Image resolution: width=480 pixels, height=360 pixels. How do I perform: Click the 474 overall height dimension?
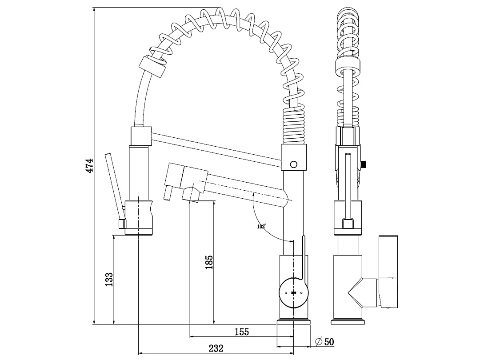coord(89,165)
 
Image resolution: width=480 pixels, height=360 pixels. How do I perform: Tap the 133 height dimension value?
coord(109,280)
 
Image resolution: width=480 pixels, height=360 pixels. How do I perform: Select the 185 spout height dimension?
coord(209,262)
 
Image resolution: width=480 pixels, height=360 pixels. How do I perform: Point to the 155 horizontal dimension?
coord(242,332)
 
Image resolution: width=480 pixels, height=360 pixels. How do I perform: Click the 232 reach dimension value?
coord(216,348)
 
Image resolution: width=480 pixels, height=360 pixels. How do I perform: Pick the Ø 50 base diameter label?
coord(324,342)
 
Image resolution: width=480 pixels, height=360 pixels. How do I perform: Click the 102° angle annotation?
coord(261,227)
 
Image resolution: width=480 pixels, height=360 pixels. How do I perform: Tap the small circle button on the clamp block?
coord(294,164)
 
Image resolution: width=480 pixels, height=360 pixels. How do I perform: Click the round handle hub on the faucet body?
coord(293,292)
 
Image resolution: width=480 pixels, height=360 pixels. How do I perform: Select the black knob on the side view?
coord(364,164)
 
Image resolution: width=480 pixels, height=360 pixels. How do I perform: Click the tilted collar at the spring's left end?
coord(152,66)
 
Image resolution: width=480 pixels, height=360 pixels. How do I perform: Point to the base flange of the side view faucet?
coord(348,322)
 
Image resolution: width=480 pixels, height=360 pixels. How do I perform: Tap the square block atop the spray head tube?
coord(141,136)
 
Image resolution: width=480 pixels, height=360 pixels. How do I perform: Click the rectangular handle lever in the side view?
coord(388,272)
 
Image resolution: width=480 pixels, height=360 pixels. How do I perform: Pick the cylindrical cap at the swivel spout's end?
coord(174,175)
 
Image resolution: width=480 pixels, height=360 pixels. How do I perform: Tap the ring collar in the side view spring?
coord(348,67)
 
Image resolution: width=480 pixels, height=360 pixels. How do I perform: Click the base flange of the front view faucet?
coord(294,322)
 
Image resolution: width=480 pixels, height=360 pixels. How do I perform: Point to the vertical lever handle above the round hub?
coord(304,259)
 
